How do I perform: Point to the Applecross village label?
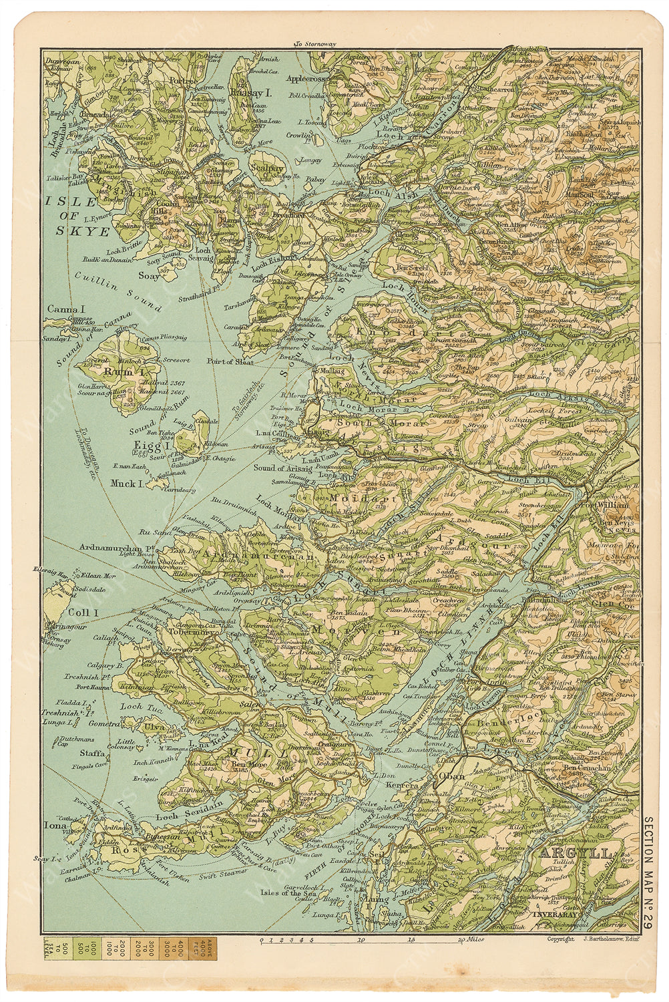[x=305, y=78]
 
